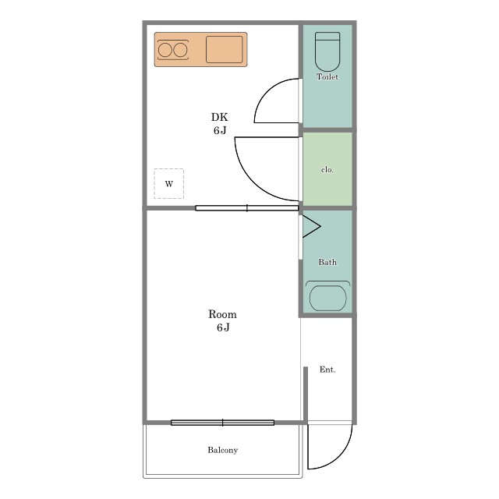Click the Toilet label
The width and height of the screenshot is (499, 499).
327,76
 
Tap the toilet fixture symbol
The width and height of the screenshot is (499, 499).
327,51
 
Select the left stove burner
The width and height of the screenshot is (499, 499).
165,50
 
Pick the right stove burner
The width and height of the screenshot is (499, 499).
180,50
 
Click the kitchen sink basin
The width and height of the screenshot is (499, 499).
224,49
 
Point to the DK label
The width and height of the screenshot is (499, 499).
220,117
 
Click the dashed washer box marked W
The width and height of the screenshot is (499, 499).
168,184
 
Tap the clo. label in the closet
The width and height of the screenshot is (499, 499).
327,170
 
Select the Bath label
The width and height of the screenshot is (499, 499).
327,262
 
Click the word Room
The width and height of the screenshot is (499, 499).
222,314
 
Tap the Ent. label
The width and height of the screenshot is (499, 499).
327,370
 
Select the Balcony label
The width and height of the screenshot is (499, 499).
223,450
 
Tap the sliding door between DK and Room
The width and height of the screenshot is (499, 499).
247,208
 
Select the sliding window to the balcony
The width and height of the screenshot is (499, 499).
222,423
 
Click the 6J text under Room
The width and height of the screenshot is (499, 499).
223,327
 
